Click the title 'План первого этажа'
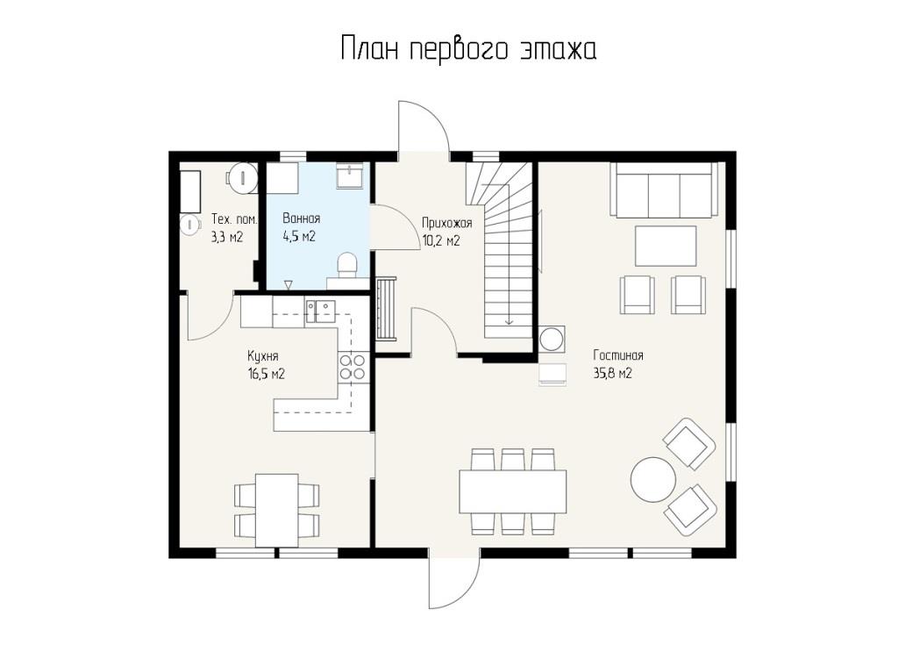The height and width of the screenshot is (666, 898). tap(468, 49)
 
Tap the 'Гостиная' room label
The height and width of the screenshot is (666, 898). tap(618, 355)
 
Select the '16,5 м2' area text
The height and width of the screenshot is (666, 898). tap(267, 375)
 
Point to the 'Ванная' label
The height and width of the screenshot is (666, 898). tap(302, 218)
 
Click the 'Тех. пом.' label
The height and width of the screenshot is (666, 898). tap(234, 219)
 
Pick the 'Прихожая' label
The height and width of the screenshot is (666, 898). tap(446, 222)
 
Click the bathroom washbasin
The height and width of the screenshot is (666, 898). tap(349, 175)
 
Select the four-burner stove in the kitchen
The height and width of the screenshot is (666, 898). tap(353, 367)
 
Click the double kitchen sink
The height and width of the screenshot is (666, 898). tap(321, 312)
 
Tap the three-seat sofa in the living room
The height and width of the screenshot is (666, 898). tap(664, 190)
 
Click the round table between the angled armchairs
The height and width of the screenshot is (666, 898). tap(652, 479)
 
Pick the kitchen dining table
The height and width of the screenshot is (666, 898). tap(276, 510)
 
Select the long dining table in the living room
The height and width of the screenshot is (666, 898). tap(512, 491)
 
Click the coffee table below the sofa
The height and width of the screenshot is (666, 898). tap(666, 246)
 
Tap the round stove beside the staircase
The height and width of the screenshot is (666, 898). tap(552, 338)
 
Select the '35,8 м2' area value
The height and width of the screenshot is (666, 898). tap(612, 374)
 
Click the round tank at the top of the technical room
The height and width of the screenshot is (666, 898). tap(240, 175)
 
